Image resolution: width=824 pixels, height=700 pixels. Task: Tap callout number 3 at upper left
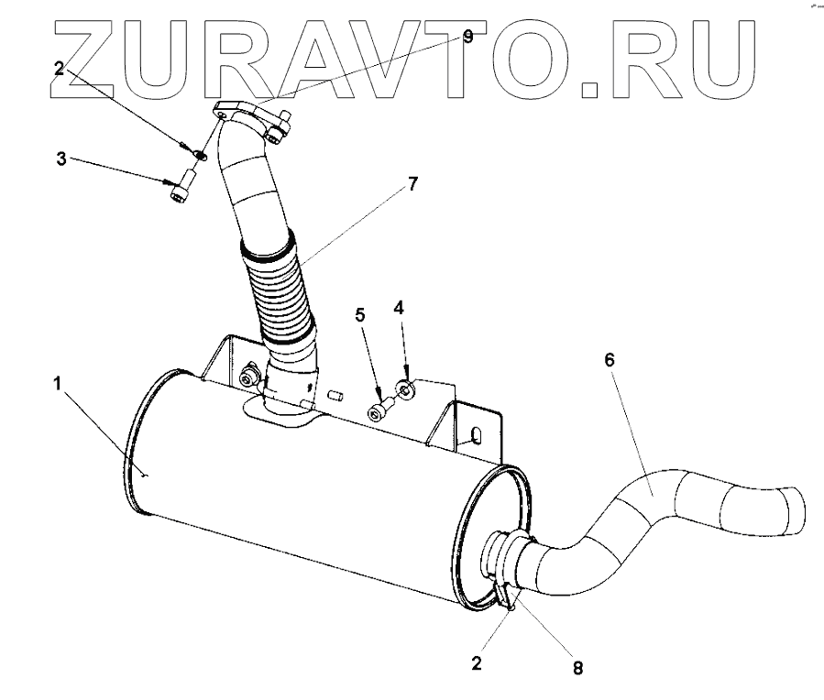pyautogui.click(x=60, y=159)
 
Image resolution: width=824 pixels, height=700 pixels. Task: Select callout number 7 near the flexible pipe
pyautogui.click(x=412, y=184)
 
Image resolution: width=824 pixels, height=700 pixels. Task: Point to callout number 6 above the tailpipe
pyautogui.click(x=610, y=360)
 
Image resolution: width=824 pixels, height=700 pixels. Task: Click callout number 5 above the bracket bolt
pyautogui.click(x=360, y=315)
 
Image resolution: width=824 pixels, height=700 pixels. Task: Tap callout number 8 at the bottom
pyautogui.click(x=577, y=668)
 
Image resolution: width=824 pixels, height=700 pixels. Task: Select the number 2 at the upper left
pyautogui.click(x=59, y=68)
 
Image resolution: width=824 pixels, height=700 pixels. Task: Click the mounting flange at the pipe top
pyautogui.click(x=251, y=119)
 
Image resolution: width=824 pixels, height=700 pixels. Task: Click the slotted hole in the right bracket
pyautogui.click(x=477, y=433)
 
